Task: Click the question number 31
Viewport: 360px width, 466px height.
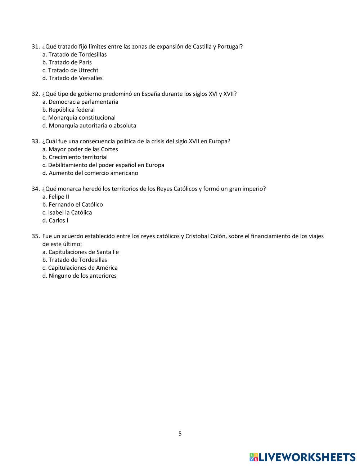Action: point(35,46)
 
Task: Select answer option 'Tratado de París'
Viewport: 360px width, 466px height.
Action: point(70,62)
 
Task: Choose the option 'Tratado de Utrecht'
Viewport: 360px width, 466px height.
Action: point(73,70)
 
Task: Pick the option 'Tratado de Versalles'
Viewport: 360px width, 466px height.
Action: point(75,78)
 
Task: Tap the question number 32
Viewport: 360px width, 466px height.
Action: point(35,94)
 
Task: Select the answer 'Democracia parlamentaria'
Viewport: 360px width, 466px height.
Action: point(83,102)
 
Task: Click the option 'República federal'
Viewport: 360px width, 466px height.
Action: point(72,110)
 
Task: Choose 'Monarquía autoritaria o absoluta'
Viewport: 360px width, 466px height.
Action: point(92,126)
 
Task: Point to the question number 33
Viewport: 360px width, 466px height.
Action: point(35,142)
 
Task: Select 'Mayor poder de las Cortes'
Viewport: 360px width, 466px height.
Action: point(83,149)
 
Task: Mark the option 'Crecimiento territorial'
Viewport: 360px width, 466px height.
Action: point(78,157)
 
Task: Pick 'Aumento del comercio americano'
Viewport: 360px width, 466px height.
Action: point(93,173)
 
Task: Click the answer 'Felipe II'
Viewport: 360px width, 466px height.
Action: point(59,197)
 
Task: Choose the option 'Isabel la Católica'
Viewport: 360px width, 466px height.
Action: point(70,213)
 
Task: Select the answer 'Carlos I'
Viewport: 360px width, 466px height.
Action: point(58,221)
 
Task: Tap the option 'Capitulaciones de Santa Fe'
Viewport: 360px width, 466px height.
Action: point(84,252)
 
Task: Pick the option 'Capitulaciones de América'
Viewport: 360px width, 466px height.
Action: point(83,268)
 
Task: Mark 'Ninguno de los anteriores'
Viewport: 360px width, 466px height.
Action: point(82,276)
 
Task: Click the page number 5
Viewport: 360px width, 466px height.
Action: point(180,434)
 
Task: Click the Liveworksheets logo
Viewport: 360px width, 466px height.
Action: point(302,457)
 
